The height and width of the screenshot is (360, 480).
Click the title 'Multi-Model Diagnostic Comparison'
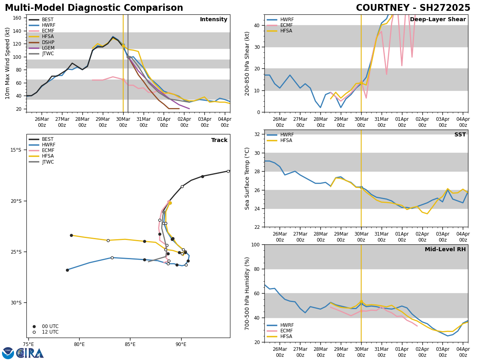click(94, 8)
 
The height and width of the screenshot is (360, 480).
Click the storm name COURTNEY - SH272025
click(413, 8)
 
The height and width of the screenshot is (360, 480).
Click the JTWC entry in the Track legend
click(48, 162)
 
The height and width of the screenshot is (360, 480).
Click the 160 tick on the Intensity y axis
click(17, 18)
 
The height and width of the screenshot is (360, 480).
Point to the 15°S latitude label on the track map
click(16, 150)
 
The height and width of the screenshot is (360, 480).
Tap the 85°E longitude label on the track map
click(130, 344)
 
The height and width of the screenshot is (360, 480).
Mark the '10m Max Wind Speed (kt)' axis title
click(8, 63)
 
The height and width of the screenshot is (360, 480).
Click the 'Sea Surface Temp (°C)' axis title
click(247, 178)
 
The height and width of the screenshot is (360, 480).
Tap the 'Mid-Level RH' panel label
click(445, 250)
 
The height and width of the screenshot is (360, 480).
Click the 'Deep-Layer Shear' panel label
click(438, 20)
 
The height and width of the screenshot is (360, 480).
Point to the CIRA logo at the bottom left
click(30, 353)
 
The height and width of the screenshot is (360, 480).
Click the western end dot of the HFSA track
click(71, 235)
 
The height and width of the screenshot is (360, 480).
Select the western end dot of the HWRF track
click(67, 270)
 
